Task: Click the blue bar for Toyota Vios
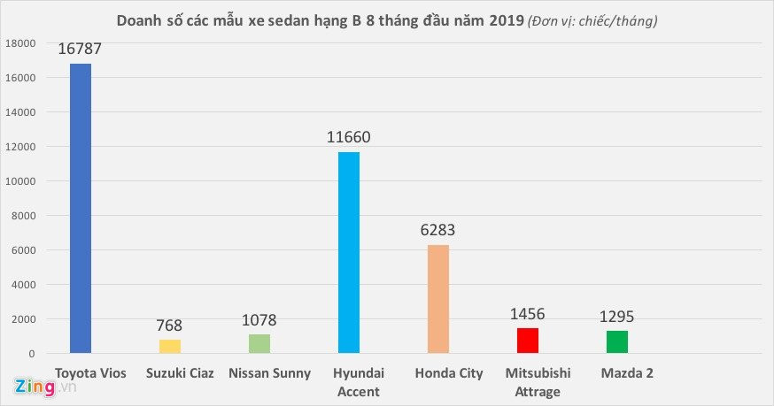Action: [81, 208]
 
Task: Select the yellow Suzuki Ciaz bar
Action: [170, 347]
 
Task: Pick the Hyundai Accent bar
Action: [349, 252]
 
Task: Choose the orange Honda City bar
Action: [438, 299]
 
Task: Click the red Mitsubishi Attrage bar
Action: [528, 341]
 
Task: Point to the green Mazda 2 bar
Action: [617, 341]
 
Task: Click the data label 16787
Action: [81, 50]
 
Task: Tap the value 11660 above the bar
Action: [349, 138]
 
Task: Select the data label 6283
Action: [438, 231]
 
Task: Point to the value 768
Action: [170, 326]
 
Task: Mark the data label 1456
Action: [528, 314]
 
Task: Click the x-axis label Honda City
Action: [447, 373]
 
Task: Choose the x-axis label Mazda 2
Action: [626, 373]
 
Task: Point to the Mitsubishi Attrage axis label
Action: [537, 382]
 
